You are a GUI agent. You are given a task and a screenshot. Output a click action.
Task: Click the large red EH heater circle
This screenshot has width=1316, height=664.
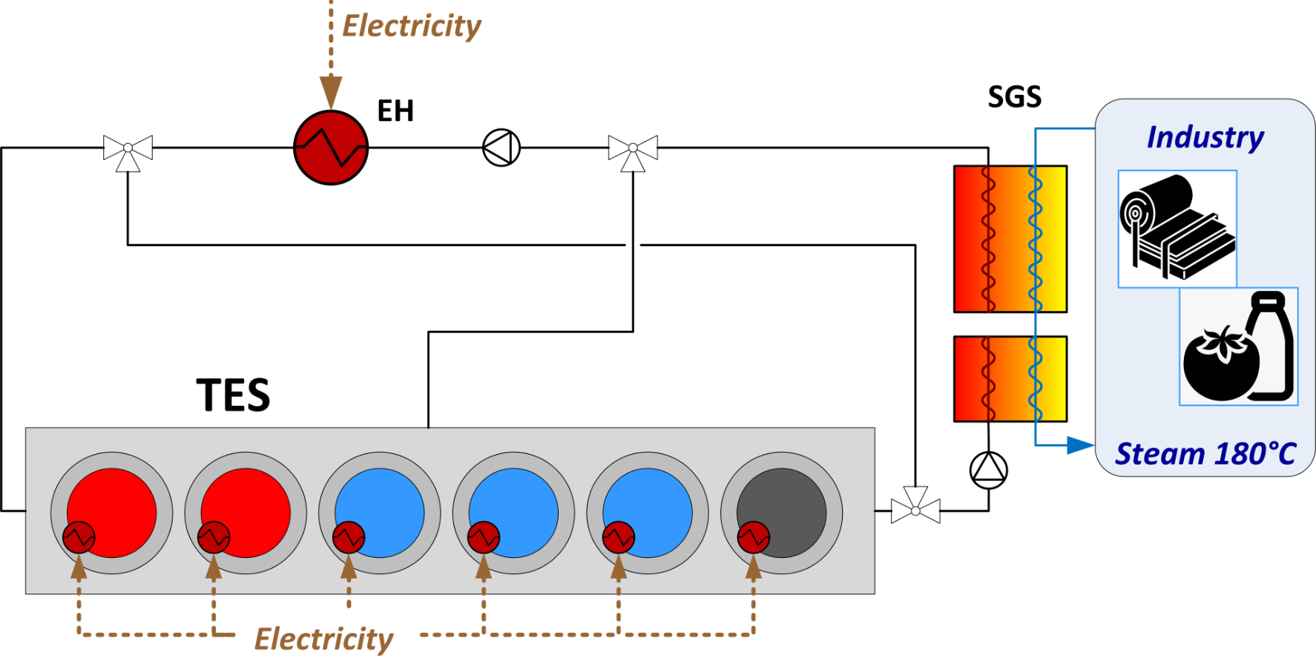[x=331, y=148]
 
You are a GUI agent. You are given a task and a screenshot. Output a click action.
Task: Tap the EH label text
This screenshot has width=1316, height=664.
[x=395, y=111]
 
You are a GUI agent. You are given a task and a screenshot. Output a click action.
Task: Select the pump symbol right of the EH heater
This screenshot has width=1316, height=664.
[x=501, y=148]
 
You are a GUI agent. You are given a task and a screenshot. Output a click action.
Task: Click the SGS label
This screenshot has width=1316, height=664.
[x=1014, y=97]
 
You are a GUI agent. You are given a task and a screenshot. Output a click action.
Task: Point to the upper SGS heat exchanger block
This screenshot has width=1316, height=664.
[x=1010, y=239]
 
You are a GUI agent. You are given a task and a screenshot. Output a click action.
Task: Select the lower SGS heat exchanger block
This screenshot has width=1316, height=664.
[x=1010, y=379]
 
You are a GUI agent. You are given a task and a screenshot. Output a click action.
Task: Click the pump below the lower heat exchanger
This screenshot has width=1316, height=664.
[x=989, y=470]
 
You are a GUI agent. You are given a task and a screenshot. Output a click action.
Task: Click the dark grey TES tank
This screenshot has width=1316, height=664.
[x=781, y=513]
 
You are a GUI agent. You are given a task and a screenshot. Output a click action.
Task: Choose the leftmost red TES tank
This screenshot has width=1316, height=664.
[x=111, y=513]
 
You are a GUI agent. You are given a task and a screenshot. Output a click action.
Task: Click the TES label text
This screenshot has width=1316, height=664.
[x=233, y=395]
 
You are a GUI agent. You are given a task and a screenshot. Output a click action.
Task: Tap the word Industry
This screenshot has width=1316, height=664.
[x=1205, y=137]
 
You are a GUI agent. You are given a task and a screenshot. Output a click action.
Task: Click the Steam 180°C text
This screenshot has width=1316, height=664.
[x=1205, y=454]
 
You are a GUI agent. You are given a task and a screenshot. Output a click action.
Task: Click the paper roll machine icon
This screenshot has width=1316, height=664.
[x=1177, y=228]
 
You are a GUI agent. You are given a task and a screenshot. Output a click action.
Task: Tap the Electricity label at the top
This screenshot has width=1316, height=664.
[x=412, y=26]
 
